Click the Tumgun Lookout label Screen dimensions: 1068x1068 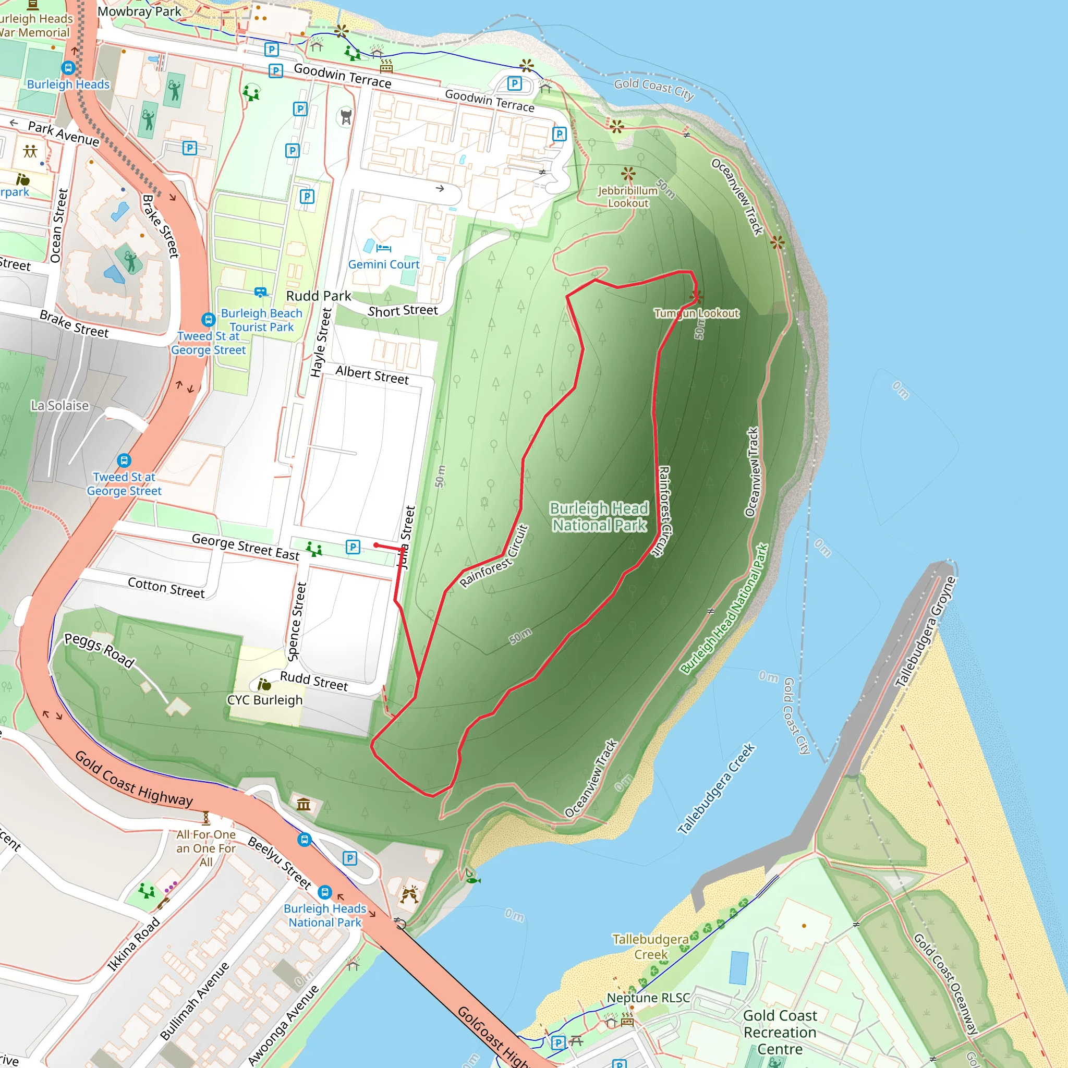point(697,313)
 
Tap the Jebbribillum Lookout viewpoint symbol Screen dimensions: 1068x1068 point(628,174)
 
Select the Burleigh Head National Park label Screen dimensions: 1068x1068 point(599,517)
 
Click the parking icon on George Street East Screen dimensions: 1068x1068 point(353,547)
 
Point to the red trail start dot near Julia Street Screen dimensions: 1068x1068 point(377,545)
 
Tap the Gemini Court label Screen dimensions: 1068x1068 point(384,265)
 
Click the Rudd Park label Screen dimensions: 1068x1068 point(319,296)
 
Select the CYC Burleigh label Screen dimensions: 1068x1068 point(265,700)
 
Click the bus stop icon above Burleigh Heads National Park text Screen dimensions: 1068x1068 point(325,892)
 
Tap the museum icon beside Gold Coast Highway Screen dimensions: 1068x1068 point(304,804)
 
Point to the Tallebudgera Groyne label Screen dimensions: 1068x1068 point(926,632)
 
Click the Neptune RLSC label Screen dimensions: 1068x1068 point(648,998)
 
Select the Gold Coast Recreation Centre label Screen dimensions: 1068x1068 point(780,1032)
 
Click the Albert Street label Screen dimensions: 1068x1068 point(372,375)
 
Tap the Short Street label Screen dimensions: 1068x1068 point(403,311)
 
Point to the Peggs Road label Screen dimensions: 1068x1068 point(100,651)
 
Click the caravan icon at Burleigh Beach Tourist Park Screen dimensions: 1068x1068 point(260,293)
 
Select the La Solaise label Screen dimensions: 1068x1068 point(59,406)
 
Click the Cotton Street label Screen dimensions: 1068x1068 point(166,588)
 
